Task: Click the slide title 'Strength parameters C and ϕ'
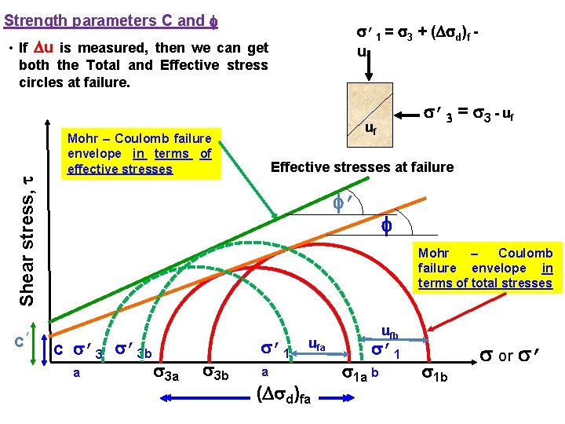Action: pyautogui.click(x=104, y=21)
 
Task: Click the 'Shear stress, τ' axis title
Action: pyautogui.click(x=27, y=239)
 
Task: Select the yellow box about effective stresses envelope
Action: pyautogui.click(x=140, y=154)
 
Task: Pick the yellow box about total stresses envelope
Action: pyautogui.click(x=485, y=268)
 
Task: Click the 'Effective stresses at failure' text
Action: pyautogui.click(x=362, y=166)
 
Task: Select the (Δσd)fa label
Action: pyautogui.click(x=284, y=395)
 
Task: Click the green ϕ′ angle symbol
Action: pyautogui.click(x=340, y=203)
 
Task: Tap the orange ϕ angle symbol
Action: pyautogui.click(x=386, y=226)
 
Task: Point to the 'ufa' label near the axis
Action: pyautogui.click(x=318, y=344)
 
